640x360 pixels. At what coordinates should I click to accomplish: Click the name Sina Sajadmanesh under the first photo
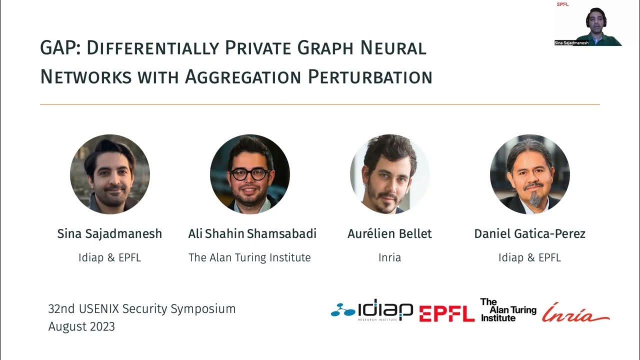(109, 234)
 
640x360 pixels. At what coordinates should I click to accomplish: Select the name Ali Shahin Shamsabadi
(252, 234)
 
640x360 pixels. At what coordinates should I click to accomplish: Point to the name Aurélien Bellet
(389, 234)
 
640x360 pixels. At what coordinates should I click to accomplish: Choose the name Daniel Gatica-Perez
(529, 234)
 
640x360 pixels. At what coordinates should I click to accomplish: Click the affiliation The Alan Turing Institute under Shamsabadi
(249, 257)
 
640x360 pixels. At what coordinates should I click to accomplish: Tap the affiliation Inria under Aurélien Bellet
(389, 257)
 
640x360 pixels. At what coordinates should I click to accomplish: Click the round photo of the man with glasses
(250, 174)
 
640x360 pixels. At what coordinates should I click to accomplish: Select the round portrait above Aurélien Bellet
(389, 174)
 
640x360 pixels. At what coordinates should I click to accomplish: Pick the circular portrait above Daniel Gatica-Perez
(529, 174)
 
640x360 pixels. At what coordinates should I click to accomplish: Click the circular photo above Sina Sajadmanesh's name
(110, 174)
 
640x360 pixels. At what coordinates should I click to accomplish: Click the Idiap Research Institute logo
(372, 311)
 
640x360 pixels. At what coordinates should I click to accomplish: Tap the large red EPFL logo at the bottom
(446, 313)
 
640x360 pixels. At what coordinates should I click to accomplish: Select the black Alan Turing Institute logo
(507, 310)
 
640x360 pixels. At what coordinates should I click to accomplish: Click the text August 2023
(81, 326)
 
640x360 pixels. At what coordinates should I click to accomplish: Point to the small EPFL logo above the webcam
(562, 4)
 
